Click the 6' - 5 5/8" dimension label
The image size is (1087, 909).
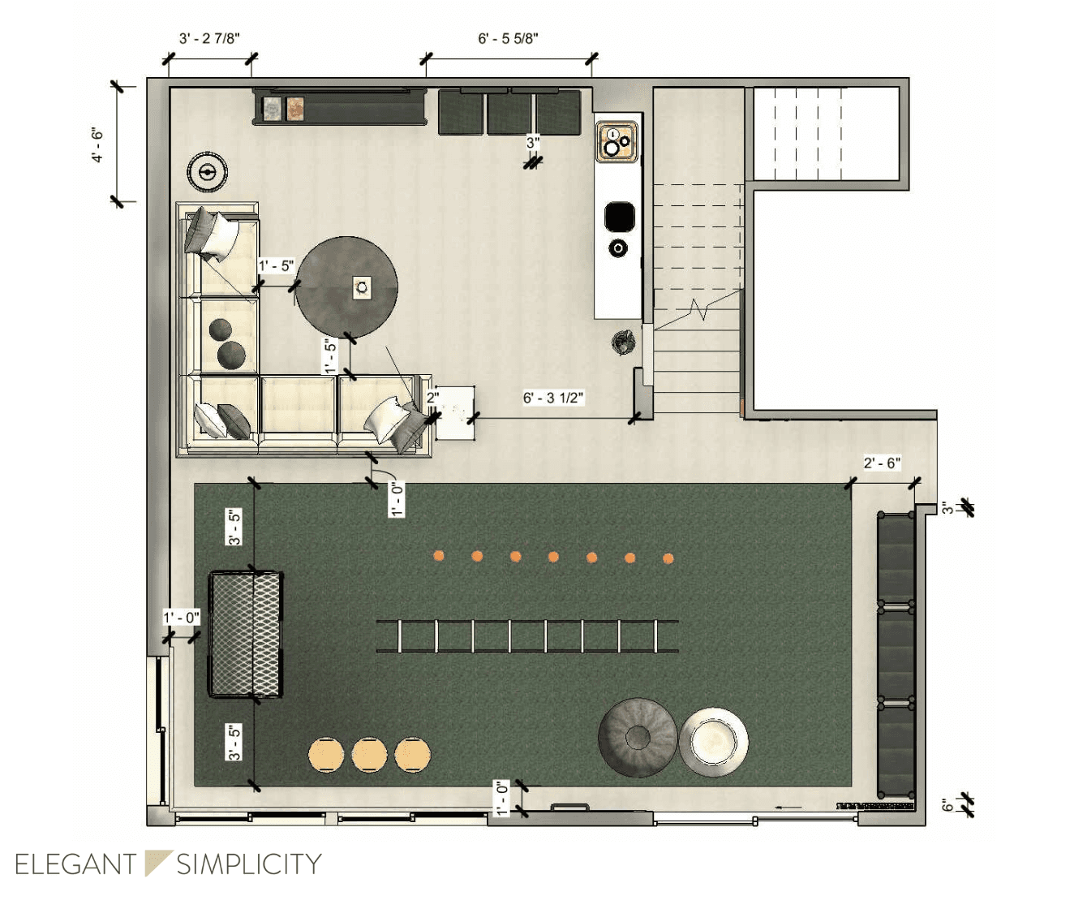[x=508, y=38]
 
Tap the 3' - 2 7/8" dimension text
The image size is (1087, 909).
[x=209, y=38]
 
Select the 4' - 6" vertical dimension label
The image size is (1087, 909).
[x=97, y=144]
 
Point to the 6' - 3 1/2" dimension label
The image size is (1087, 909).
[x=553, y=398]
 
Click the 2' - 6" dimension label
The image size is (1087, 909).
[x=882, y=463]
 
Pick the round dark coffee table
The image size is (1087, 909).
[x=346, y=287]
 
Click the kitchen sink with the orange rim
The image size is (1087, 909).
[x=617, y=142]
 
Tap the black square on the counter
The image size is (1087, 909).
[x=619, y=216]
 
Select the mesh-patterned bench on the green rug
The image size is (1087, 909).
[x=246, y=634]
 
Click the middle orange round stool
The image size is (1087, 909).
[x=369, y=755]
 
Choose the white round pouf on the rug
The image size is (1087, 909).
[x=713, y=741]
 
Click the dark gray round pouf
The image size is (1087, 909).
[x=638, y=737]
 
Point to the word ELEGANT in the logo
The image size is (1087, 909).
[x=75, y=864]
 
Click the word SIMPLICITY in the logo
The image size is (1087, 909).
[x=249, y=864]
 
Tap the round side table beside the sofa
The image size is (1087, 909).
[x=207, y=172]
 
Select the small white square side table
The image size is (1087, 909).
[x=455, y=412]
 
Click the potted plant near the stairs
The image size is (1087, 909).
[x=623, y=342]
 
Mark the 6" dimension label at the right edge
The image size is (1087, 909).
[x=947, y=804]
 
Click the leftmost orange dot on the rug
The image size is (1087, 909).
[x=439, y=556]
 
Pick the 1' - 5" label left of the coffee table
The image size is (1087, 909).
[x=276, y=266]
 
